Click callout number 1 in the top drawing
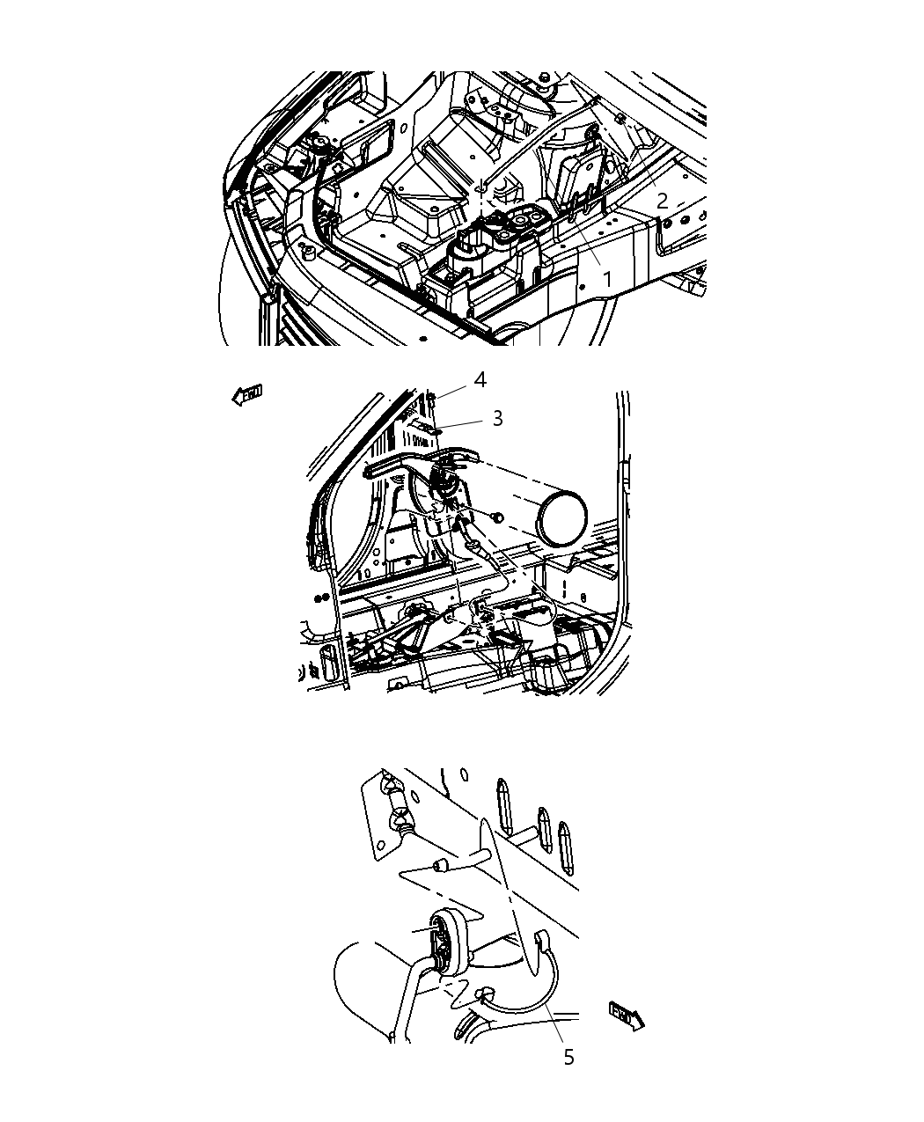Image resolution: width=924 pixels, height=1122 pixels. tap(606, 279)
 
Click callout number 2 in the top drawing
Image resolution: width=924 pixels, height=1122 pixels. tap(662, 201)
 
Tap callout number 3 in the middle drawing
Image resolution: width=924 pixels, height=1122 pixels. tap(497, 418)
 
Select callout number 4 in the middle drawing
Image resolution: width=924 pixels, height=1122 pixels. tap(480, 379)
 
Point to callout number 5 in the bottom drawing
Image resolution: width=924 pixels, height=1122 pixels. tap(568, 1057)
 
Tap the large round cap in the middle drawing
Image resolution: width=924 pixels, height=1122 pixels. tap(563, 517)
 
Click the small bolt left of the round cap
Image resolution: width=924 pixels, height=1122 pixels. tap(497, 516)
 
